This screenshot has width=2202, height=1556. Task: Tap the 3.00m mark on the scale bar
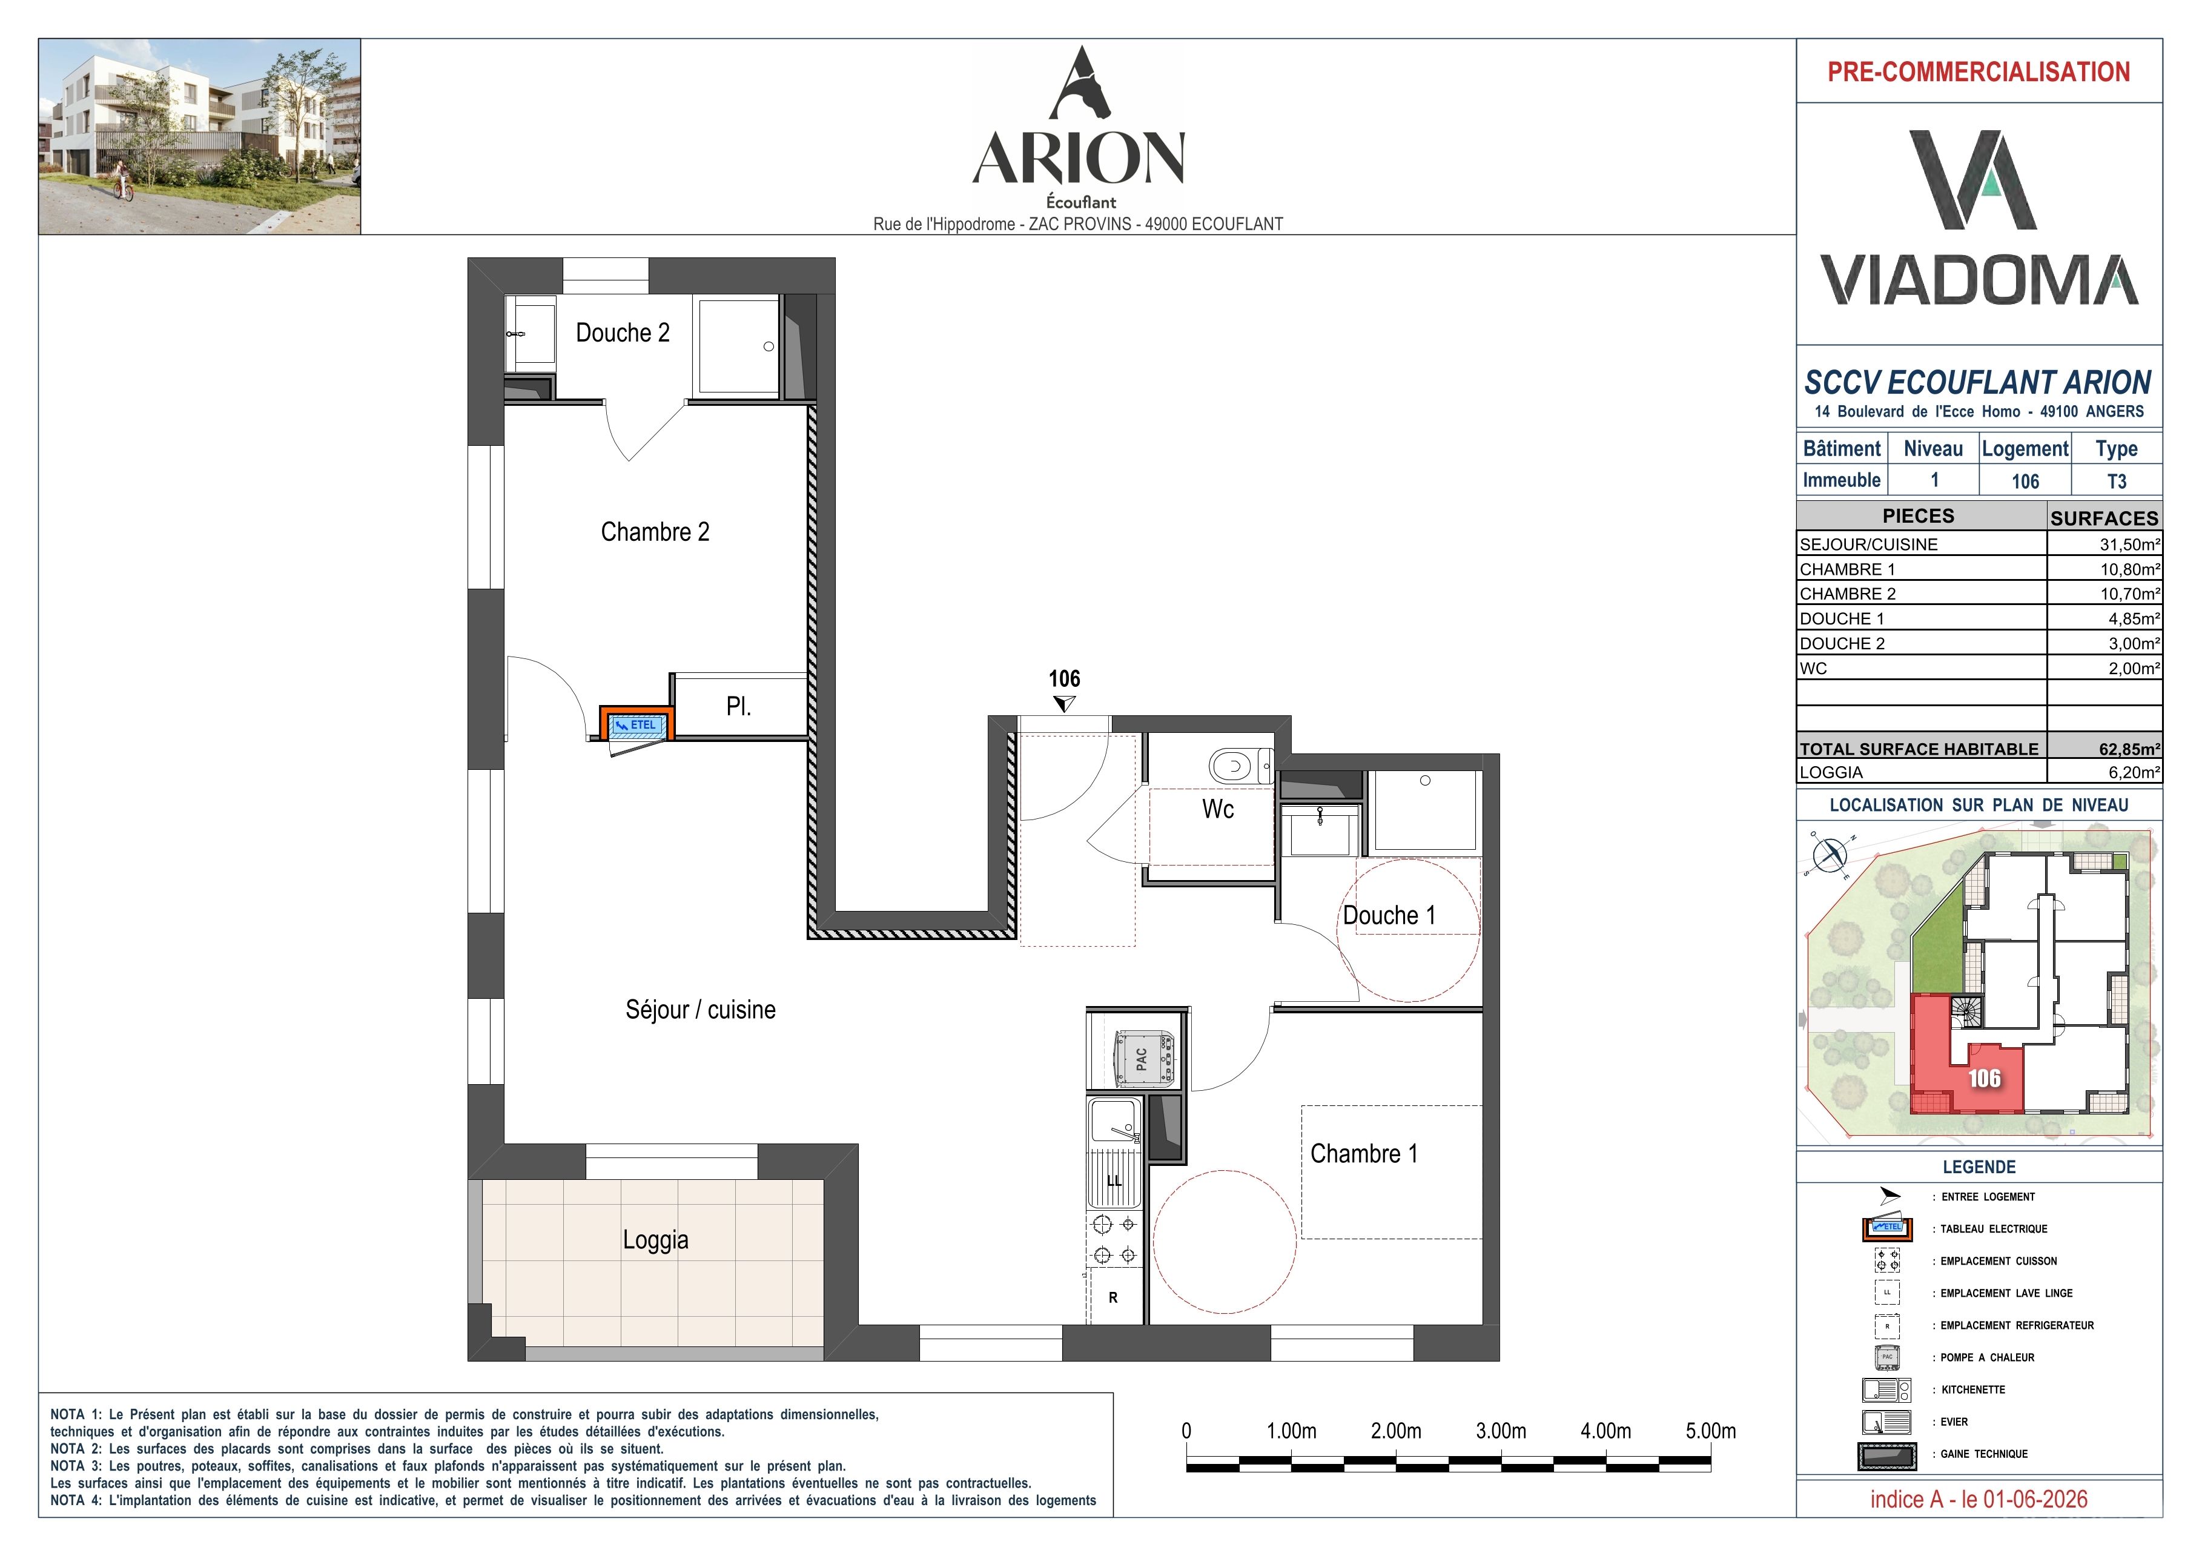coord(1501,1431)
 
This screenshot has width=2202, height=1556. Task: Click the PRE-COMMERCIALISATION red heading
coord(1979,72)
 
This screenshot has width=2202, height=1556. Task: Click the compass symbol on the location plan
coord(1829,854)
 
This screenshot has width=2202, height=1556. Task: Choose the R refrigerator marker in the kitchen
coord(1114,1298)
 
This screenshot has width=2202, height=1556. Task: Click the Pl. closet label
coord(738,706)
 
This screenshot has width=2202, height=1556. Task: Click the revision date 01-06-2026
coord(2026,1500)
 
